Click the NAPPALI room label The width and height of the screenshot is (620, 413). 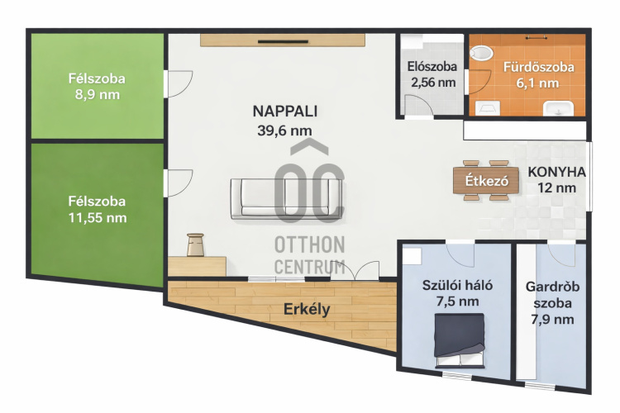[x=284, y=112]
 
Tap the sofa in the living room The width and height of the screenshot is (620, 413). [x=286, y=199]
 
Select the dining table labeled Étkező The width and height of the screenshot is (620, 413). [x=486, y=180]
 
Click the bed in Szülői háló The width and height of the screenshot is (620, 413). [x=460, y=340]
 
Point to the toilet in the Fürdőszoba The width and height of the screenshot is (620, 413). [x=481, y=53]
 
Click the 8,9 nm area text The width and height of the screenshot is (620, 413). [x=98, y=95]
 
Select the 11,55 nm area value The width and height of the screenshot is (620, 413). [x=98, y=218]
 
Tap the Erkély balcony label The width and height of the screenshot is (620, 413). [x=307, y=310]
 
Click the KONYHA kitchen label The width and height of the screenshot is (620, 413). [x=556, y=172]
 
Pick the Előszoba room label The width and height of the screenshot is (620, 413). [x=432, y=66]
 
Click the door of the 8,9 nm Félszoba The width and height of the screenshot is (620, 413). [x=179, y=83]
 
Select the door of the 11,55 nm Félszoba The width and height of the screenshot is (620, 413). [x=179, y=183]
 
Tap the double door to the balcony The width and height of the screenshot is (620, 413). [x=355, y=271]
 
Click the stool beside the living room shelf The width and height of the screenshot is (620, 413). [x=195, y=244]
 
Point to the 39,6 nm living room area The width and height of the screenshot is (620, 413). [x=284, y=131]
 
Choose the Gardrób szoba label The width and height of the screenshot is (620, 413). [x=552, y=294]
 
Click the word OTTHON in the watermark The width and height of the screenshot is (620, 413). [x=310, y=245]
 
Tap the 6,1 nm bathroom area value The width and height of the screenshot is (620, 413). [x=538, y=83]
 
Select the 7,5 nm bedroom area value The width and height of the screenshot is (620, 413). [x=457, y=301]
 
